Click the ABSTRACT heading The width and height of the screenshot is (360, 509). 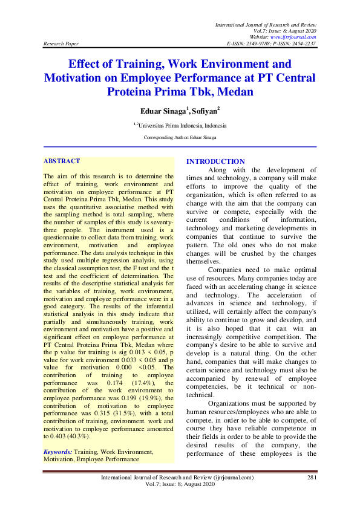pyautogui.click(x=62, y=161)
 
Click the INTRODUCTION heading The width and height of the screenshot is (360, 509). pyautogui.click(x=215, y=161)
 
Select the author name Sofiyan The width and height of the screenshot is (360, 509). pyautogui.click(x=188, y=111)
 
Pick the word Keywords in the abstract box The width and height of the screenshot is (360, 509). pyautogui.click(x=57, y=452)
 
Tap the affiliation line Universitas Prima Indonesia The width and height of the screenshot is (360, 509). pyautogui.click(x=181, y=126)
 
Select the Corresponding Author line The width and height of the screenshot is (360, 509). pyautogui.click(x=180, y=138)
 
